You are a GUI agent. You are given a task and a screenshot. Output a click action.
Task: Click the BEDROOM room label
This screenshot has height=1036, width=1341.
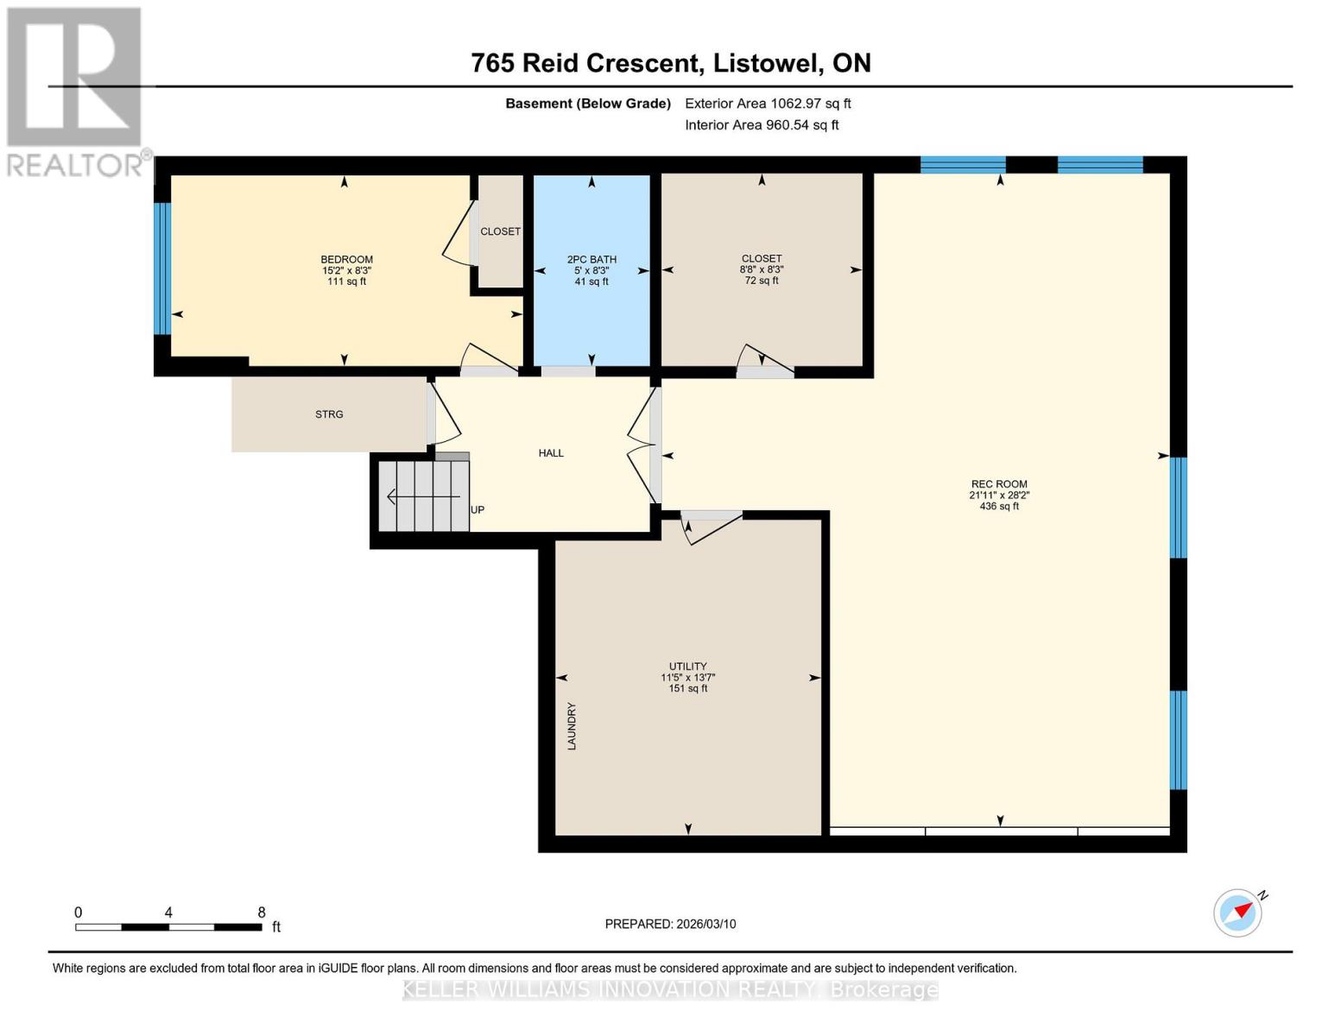point(346,260)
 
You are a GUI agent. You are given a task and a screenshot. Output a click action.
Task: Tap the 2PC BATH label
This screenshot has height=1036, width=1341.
point(591,260)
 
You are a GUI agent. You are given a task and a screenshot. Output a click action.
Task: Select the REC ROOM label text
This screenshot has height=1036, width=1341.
point(999,485)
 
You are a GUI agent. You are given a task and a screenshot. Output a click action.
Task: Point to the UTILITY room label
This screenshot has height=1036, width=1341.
point(687,666)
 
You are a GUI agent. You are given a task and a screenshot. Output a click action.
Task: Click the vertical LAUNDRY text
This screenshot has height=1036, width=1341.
point(572,726)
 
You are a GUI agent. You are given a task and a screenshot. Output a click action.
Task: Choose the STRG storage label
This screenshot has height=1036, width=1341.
point(329,414)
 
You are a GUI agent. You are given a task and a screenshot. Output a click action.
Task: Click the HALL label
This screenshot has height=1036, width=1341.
point(551,453)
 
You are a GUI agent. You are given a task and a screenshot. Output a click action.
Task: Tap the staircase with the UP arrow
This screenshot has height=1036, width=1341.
point(423,496)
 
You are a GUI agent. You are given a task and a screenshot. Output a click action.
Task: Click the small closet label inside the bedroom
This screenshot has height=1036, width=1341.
point(501,231)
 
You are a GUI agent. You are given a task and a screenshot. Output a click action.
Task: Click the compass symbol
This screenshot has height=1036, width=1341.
point(1238,912)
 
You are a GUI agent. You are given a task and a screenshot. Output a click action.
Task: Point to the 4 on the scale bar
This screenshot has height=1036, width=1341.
point(168,913)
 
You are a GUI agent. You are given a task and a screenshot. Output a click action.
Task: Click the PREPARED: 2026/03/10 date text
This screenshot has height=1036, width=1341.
point(670,924)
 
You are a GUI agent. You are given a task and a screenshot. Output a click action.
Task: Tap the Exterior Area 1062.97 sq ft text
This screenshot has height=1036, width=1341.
point(768,104)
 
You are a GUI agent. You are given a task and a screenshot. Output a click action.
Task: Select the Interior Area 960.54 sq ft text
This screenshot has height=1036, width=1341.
point(762,125)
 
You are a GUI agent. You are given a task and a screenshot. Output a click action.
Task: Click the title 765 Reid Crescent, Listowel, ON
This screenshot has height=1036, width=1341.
point(670,63)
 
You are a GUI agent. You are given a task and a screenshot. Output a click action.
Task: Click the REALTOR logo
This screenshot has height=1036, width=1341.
point(76,91)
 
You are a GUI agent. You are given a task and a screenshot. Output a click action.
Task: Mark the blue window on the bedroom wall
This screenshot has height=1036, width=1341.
point(161,268)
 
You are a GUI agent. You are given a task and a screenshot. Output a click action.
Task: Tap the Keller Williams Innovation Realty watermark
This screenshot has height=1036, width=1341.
point(670,989)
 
